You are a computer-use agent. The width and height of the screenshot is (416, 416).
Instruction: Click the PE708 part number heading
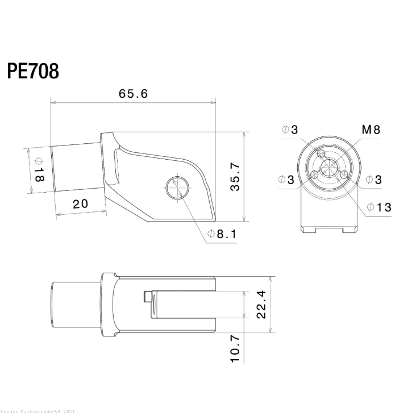tap(33, 71)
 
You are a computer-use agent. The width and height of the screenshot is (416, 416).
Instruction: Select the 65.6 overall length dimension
tap(133, 94)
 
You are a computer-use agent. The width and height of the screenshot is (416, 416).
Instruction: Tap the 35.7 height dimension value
tap(235, 177)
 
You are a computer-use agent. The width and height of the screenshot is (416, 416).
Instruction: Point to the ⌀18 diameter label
tap(39, 170)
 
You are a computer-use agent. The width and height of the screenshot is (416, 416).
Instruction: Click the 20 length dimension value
tap(80, 204)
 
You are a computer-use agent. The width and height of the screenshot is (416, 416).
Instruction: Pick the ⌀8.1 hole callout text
tap(222, 234)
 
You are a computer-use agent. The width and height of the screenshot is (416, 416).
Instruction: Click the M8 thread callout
tap(371, 130)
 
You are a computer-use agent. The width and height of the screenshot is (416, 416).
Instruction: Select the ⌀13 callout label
tap(379, 207)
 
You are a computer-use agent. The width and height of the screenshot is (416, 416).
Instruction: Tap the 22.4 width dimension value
tap(261, 304)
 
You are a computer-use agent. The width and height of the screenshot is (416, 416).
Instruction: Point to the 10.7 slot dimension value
tap(235, 348)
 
